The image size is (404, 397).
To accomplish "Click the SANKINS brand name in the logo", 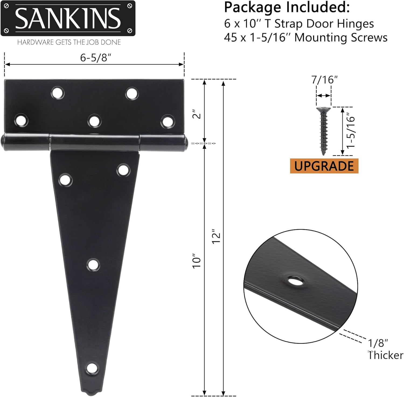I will coord(68,18).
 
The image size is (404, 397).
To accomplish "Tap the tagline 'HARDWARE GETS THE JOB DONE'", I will coord(69,42).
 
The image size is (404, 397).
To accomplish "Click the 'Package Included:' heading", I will coord(287,8).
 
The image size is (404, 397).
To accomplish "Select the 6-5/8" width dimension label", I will coord(96,57).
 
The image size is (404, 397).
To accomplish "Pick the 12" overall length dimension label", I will coord(216,237).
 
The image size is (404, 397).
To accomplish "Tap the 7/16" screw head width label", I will coord(324,80).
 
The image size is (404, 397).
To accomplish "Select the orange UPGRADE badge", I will coord(324,166).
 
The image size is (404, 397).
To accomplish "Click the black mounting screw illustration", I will coord(323,131).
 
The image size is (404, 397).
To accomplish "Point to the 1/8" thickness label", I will coord(378,343).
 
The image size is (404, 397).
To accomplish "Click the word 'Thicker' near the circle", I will coord(386,355).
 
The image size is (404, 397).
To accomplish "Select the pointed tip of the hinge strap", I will coord(92,391).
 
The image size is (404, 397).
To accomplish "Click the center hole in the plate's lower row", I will coord(94,121).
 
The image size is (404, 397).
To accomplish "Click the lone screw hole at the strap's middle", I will coord(93,265).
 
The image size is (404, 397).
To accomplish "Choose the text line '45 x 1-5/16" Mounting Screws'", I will coord(306,38).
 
